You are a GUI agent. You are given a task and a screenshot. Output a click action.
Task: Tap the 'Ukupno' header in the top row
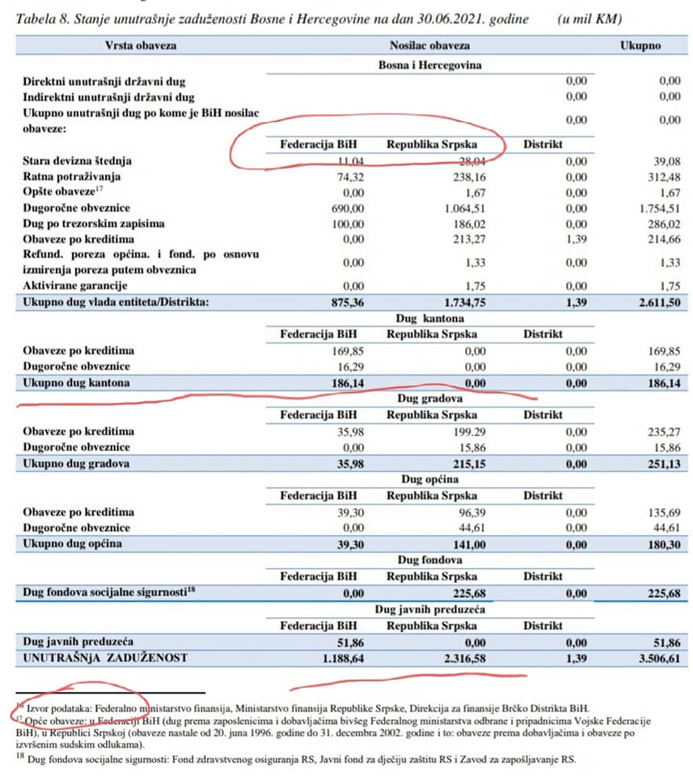(640, 46)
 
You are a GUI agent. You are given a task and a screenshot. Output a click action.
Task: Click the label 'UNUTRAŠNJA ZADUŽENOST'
(106, 658)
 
